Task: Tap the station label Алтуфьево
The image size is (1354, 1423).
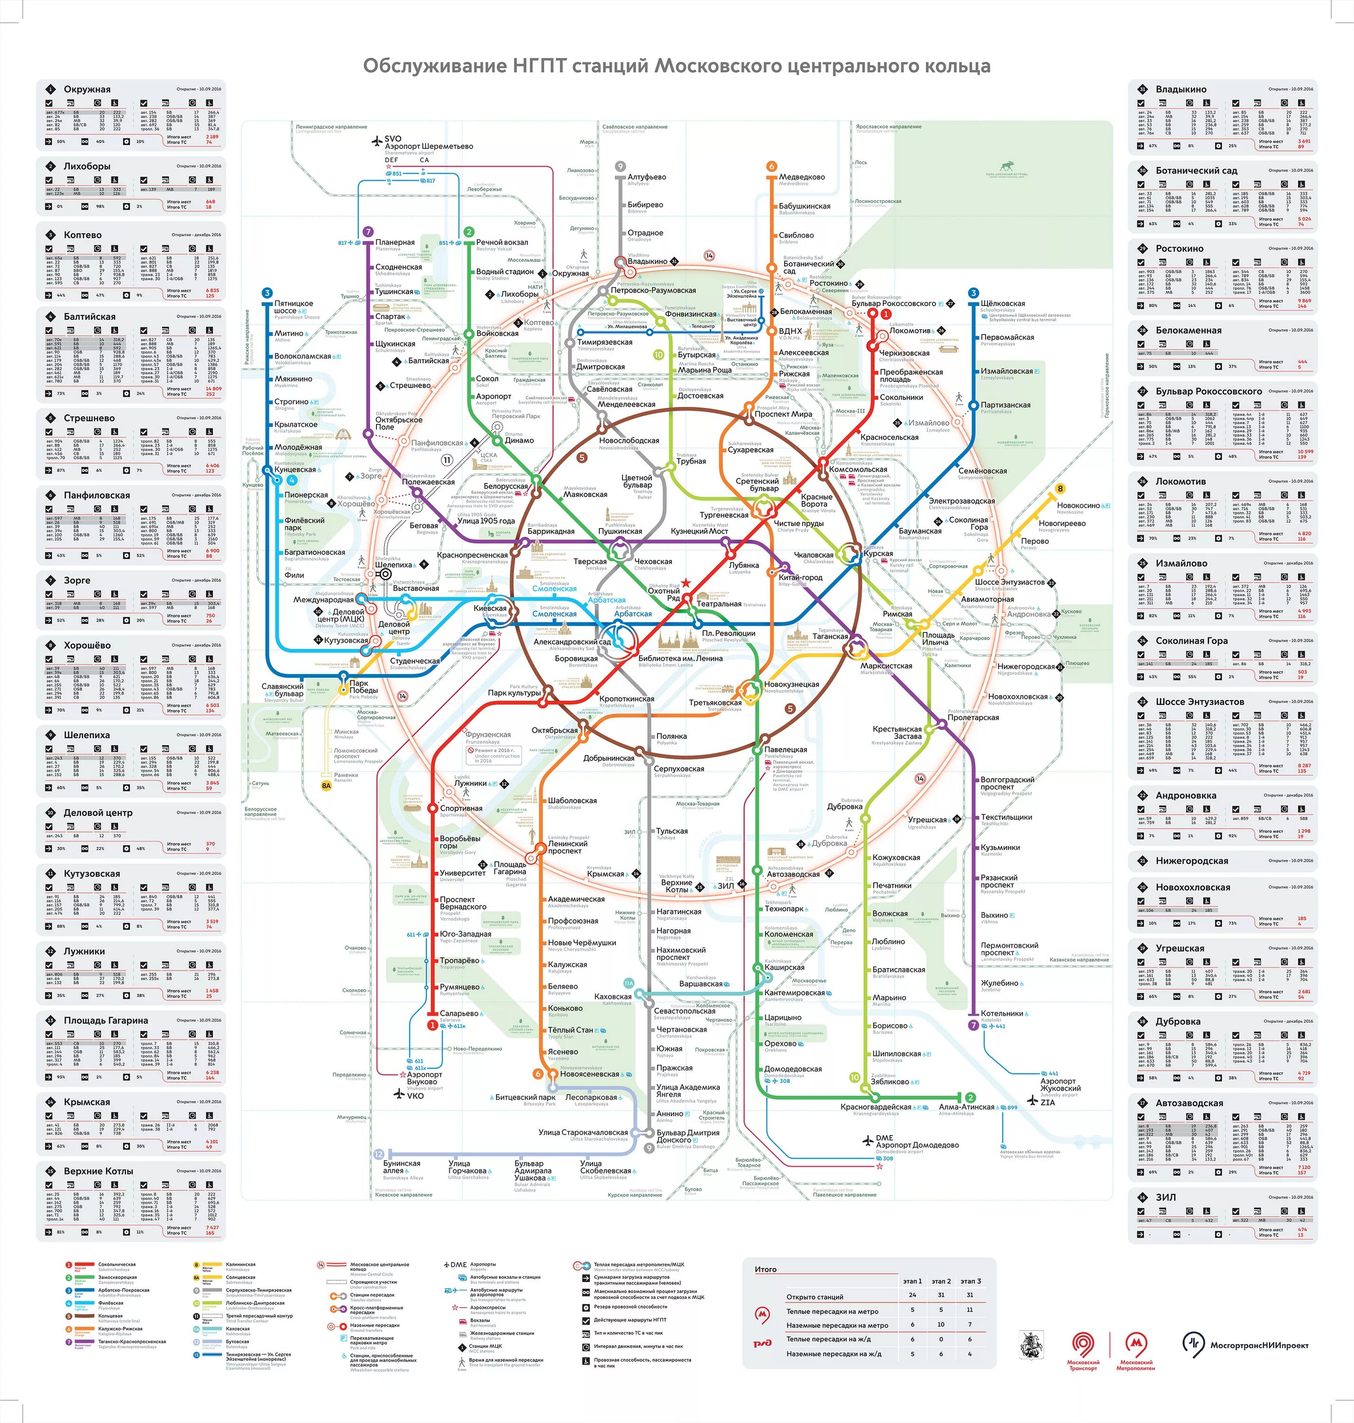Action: click(x=647, y=177)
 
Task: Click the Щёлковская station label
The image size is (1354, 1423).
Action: click(x=1003, y=304)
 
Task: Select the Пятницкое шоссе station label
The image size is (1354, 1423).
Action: click(x=294, y=307)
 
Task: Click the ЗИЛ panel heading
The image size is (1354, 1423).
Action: click(x=1166, y=1197)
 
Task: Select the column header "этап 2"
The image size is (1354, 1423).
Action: click(x=941, y=1281)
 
